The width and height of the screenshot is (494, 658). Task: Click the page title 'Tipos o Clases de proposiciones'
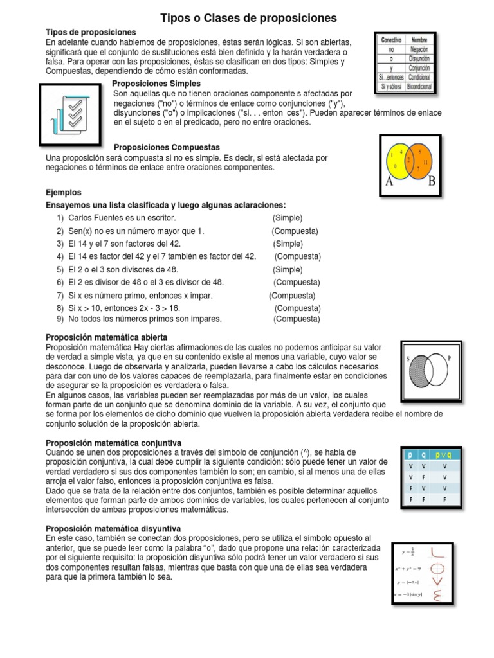(x=248, y=19)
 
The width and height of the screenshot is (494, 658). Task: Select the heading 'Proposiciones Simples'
(x=156, y=84)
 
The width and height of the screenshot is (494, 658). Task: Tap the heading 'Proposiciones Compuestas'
(x=166, y=147)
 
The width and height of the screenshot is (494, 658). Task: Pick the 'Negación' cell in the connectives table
(x=419, y=48)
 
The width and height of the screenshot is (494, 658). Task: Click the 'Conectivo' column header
(x=392, y=39)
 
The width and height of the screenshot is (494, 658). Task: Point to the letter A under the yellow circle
(x=389, y=181)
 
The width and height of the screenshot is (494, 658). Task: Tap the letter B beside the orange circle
(x=432, y=181)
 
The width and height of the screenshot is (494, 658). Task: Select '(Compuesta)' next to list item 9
(x=297, y=319)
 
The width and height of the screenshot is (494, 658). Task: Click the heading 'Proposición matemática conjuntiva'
(x=113, y=443)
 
